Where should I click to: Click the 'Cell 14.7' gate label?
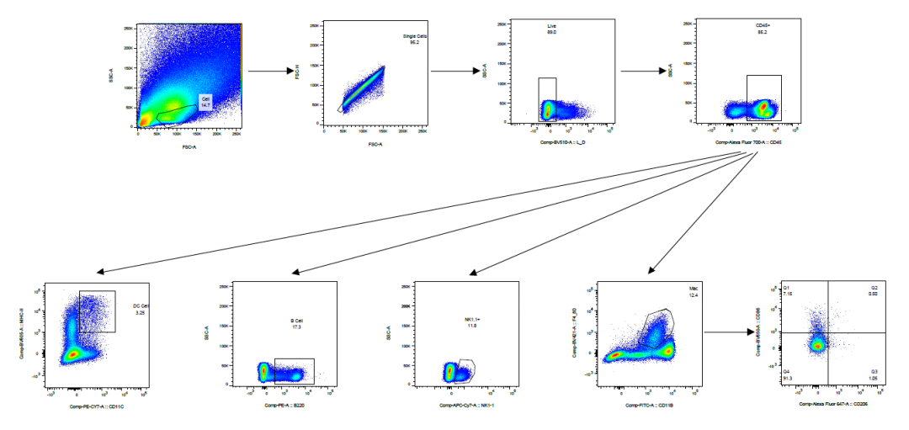[205, 101]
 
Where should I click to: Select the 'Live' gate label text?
[553, 29]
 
